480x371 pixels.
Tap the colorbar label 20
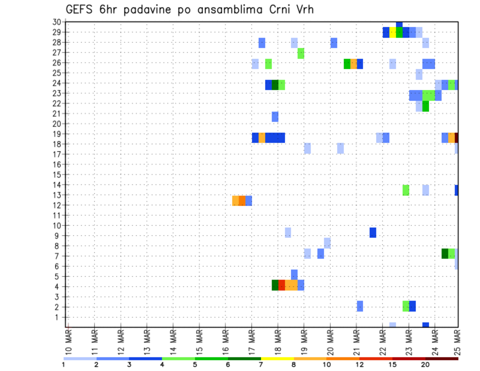point(425,364)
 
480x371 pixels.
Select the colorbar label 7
point(261,364)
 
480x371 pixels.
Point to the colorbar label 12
point(359,364)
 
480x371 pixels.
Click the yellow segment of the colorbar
point(277,358)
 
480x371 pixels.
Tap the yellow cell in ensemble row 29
point(392,32)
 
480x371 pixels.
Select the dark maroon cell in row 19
point(456,137)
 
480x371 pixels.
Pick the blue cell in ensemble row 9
point(373,232)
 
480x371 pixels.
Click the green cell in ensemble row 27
point(301,53)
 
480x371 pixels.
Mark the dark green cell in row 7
point(445,253)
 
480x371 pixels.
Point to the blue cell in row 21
point(275,116)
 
